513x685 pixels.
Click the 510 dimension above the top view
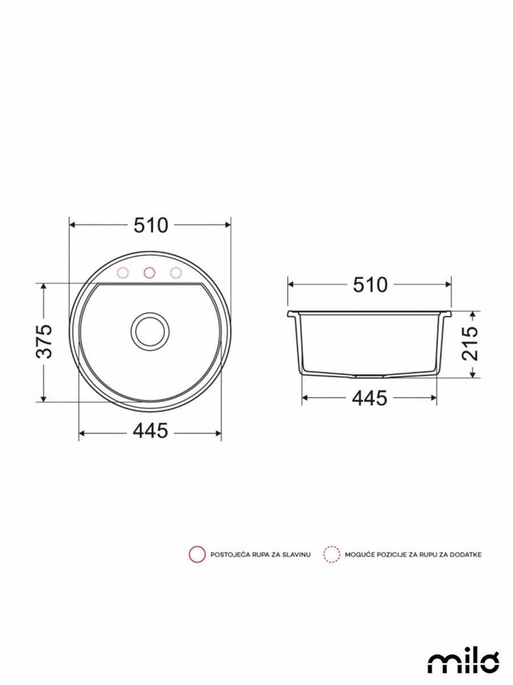click(151, 225)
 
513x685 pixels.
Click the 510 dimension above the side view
click(370, 284)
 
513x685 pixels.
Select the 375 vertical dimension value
click(44, 341)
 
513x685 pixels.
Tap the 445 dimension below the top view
click(150, 431)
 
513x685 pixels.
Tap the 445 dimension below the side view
click(369, 398)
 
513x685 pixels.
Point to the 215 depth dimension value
click(471, 344)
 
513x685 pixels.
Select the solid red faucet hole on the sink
click(149, 272)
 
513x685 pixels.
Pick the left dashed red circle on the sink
click(123, 272)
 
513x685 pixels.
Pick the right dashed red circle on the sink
click(176, 272)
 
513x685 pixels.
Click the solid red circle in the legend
click(197, 554)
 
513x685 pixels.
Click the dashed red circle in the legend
click(331, 554)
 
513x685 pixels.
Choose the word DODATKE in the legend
click(466, 554)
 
